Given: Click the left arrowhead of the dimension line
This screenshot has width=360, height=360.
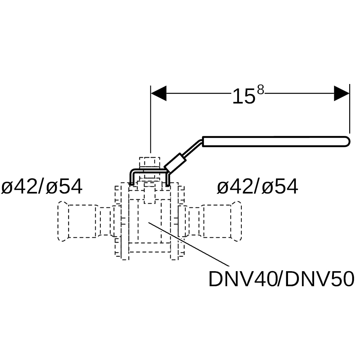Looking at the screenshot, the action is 158,93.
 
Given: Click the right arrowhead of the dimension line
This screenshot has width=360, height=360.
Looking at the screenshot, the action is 341,93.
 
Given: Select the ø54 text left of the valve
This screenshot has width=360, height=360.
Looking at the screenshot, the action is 64,186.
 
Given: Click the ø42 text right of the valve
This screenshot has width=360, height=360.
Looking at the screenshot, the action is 235,186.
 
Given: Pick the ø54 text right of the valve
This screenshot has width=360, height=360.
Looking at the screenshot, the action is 280,186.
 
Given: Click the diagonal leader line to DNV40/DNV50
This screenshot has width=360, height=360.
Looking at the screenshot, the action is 189,244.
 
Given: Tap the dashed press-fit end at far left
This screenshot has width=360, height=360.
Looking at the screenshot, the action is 63,221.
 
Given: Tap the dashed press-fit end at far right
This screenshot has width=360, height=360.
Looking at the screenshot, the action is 236,221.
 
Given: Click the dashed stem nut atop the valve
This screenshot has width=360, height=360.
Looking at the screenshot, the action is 150,162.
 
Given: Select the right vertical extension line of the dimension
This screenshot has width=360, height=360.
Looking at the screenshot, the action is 349,109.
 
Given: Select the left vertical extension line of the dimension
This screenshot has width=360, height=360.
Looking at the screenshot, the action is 151,119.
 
